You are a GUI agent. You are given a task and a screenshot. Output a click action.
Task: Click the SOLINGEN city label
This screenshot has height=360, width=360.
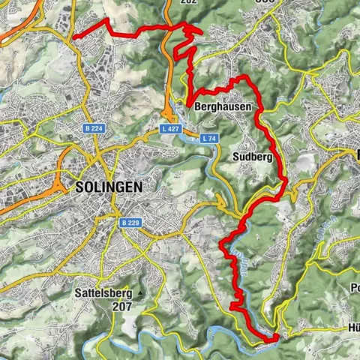tap(108, 187)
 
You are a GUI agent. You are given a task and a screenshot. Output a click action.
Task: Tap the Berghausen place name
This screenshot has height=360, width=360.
tap(223, 108)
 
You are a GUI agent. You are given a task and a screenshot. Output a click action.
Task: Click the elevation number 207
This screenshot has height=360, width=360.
tap(120, 306)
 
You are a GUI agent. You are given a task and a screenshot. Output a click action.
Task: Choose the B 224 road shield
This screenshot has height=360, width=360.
tap(94, 129)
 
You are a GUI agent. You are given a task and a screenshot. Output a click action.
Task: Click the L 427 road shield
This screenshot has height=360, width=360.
tap(169, 129)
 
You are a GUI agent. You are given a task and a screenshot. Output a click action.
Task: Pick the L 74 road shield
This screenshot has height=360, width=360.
tap(210, 138)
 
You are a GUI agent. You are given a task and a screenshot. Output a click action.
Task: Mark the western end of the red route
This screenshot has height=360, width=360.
tap(73, 37)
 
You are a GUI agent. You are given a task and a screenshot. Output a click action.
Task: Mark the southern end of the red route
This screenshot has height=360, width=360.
tap(276, 337)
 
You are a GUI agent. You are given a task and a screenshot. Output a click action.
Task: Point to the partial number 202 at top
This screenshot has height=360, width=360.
tap(189, 2)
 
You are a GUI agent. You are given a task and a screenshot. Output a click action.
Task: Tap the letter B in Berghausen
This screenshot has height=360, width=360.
tap(198, 108)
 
